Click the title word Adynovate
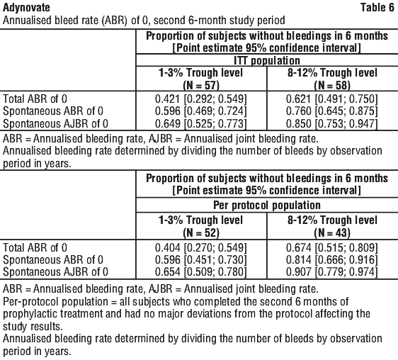(x=26, y=8)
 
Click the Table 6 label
(x=377, y=7)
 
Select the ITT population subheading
(x=267, y=60)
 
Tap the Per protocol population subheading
(x=267, y=205)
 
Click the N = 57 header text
(x=201, y=85)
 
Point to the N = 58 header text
(x=332, y=85)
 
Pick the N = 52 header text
(x=201, y=232)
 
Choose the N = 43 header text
(x=332, y=232)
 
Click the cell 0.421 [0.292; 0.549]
(x=201, y=99)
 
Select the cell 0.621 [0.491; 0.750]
(x=332, y=99)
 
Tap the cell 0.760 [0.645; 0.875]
(x=332, y=111)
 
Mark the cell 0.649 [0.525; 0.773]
(x=201, y=123)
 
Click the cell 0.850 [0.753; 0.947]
(x=332, y=123)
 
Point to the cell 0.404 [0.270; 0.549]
(x=201, y=248)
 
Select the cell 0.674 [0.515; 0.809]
(x=332, y=248)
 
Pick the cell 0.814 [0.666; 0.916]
(x=332, y=259)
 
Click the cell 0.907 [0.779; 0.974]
(x=332, y=272)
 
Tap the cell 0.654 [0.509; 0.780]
(x=201, y=272)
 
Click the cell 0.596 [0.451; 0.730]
(x=201, y=259)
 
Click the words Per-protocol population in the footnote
(x=55, y=302)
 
